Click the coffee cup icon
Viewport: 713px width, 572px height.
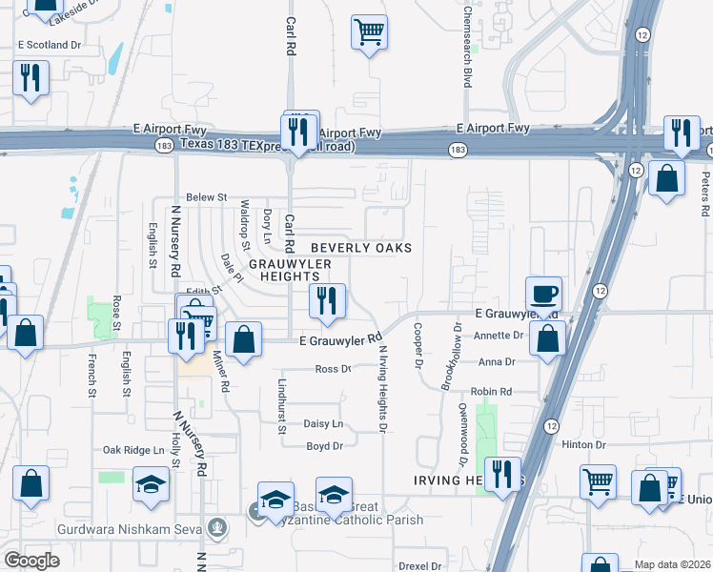(x=544, y=294)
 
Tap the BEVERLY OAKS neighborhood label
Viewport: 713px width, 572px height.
(x=359, y=248)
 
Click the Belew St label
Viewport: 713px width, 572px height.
(x=207, y=197)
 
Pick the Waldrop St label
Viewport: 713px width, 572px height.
(x=245, y=220)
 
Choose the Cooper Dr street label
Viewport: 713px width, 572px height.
(x=418, y=344)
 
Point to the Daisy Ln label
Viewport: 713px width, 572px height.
(x=323, y=423)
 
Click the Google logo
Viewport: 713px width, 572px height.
(x=32, y=560)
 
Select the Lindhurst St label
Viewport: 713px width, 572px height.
(x=282, y=406)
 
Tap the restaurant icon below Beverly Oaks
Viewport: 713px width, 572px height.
(x=327, y=301)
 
